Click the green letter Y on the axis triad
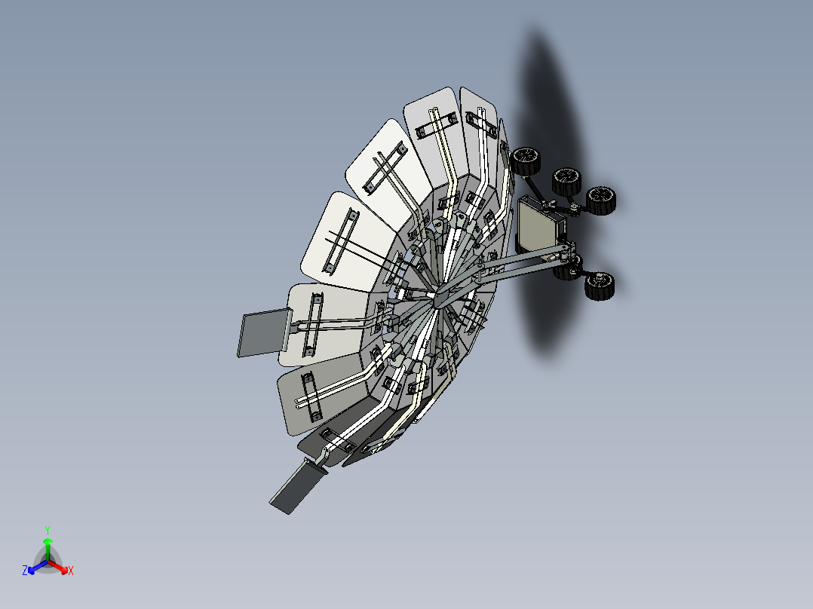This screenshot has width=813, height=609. point(47,530)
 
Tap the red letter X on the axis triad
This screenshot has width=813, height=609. point(70,571)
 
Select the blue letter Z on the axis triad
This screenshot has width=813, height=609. point(25,571)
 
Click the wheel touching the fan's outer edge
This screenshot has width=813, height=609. point(526,161)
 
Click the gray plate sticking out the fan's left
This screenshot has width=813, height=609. point(261,333)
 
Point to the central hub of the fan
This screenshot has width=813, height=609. point(437,298)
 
